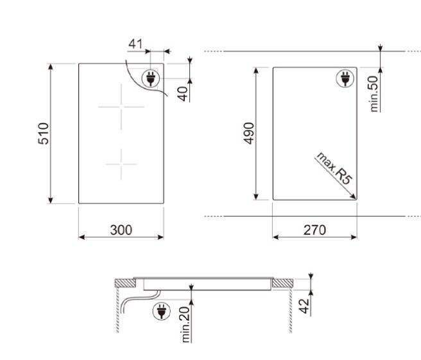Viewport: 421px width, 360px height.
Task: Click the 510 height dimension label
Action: [44, 133]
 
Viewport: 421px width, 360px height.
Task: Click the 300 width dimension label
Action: [121, 230]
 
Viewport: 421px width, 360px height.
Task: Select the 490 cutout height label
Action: [249, 133]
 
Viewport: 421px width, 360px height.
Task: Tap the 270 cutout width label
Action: [314, 230]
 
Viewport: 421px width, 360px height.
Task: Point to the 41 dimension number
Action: [135, 44]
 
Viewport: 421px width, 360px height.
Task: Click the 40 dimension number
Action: [183, 94]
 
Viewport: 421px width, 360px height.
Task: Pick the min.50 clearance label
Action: [374, 94]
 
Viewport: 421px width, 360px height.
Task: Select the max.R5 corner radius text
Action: [335, 169]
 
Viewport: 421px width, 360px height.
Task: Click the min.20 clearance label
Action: [185, 325]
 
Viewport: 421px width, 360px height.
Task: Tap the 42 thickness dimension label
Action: [304, 306]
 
